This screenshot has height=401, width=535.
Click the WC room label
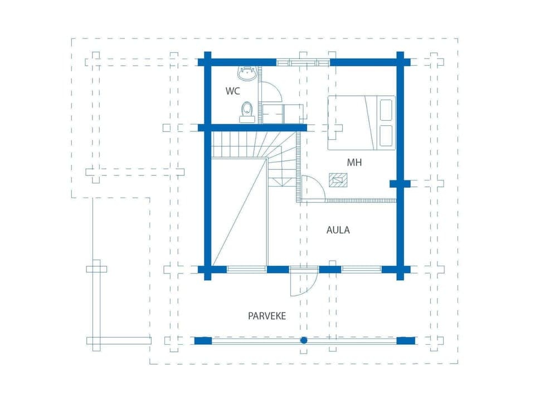pyautogui.click(x=233, y=90)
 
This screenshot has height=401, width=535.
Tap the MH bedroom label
pyautogui.click(x=354, y=163)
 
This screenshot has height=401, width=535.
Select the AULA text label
pyautogui.click(x=338, y=229)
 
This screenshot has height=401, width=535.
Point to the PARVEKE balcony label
pyautogui.click(x=267, y=316)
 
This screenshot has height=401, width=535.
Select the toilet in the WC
pyautogui.click(x=247, y=111)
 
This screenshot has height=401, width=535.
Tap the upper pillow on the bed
pyautogui.click(x=385, y=110)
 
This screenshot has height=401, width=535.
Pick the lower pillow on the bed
pyautogui.click(x=385, y=135)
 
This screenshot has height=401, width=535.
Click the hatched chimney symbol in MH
pyautogui.click(x=338, y=180)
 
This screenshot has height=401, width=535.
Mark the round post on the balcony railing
pyautogui.click(x=304, y=340)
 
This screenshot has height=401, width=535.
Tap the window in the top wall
pyautogui.click(x=303, y=62)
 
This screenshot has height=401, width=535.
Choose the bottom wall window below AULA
pyautogui.click(x=361, y=269)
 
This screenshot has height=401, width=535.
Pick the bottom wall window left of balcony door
pyautogui.click(x=246, y=269)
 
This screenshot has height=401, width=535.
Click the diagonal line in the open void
pyautogui.click(x=240, y=212)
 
